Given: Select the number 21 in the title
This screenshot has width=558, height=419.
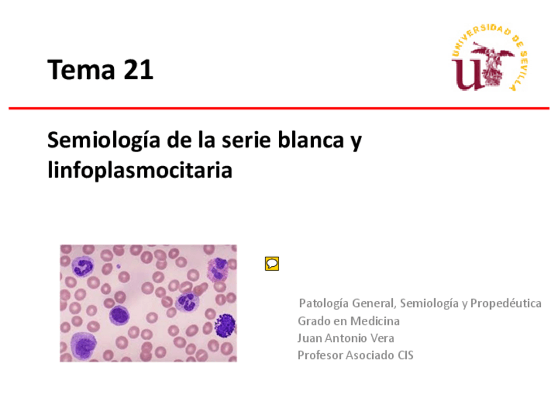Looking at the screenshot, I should pyautogui.click(x=137, y=69).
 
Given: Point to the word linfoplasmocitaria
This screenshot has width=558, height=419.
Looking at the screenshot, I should pyautogui.click(x=140, y=171).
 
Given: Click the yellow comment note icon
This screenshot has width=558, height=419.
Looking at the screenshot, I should pyautogui.click(x=272, y=264).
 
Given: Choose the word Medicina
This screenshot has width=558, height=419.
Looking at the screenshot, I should pyautogui.click(x=374, y=321).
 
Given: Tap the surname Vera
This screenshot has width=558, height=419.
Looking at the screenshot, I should pyautogui.click(x=382, y=338).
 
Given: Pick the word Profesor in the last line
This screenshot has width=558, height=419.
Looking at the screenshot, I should pyautogui.click(x=319, y=355).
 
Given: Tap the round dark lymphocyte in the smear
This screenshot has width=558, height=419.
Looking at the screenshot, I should pyautogui.click(x=119, y=316).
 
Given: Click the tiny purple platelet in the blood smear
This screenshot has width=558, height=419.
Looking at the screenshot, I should pyautogui.click(x=118, y=267).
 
